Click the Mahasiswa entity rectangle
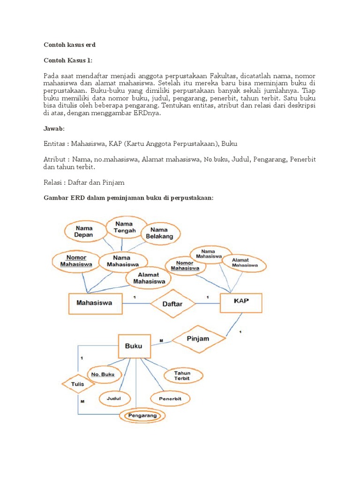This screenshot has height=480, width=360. click(95, 303)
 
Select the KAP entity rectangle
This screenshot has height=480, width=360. click(241, 301)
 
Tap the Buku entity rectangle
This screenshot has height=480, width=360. click(134, 346)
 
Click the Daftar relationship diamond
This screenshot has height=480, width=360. click(172, 304)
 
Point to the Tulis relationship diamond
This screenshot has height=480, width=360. click(78, 384)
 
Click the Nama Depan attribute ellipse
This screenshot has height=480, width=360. click(83, 231)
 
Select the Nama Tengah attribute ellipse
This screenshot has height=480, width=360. click(124, 227)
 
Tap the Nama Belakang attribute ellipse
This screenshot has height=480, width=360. click(159, 233)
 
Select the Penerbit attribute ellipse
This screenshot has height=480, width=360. click(171, 399)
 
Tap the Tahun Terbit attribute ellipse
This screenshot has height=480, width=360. click(183, 375)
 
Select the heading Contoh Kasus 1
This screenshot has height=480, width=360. click(67, 60)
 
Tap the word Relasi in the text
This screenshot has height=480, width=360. click(54, 181)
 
